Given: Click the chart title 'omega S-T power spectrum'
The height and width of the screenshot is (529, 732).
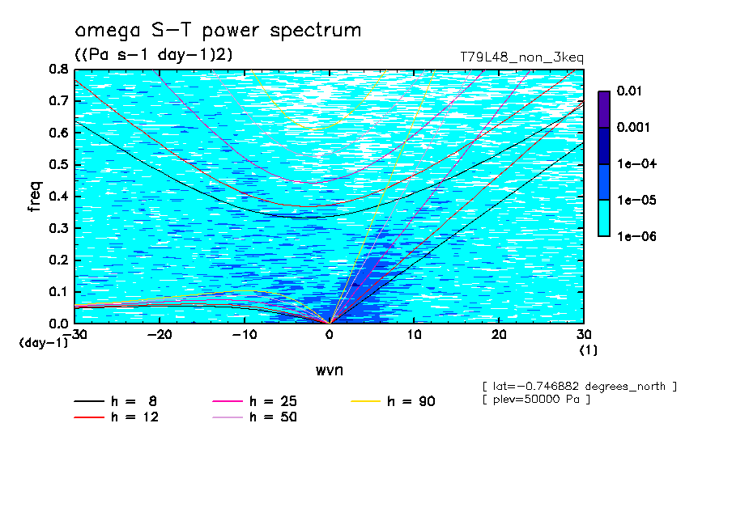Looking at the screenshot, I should (218, 32).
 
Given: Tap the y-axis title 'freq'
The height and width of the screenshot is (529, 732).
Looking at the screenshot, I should (34, 197).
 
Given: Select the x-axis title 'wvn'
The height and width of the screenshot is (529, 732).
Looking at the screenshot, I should (329, 370).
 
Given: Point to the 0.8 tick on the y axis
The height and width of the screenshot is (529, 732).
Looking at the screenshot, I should (58, 70).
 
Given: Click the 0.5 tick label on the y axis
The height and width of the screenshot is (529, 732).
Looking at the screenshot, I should (58, 165).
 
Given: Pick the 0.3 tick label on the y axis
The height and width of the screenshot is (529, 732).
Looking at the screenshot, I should (58, 229).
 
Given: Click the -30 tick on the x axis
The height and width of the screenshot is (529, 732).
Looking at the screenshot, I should (74, 334).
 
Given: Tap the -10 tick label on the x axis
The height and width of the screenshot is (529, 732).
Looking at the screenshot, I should (244, 334).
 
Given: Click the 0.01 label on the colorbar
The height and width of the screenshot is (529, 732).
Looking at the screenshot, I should (628, 91).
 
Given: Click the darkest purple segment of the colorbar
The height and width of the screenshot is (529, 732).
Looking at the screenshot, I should (603, 109).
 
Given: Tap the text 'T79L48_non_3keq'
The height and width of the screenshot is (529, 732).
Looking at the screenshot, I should (521, 57).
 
